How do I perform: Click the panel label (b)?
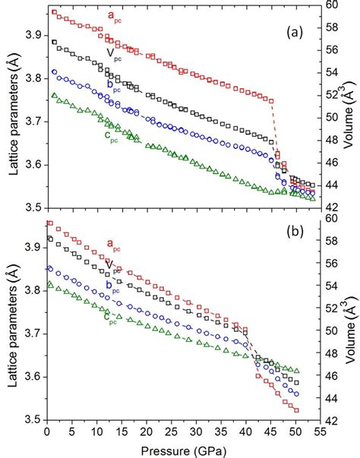[x=298, y=248]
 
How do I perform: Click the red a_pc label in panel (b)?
[x=112, y=245]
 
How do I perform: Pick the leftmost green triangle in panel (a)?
[x=53, y=96]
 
